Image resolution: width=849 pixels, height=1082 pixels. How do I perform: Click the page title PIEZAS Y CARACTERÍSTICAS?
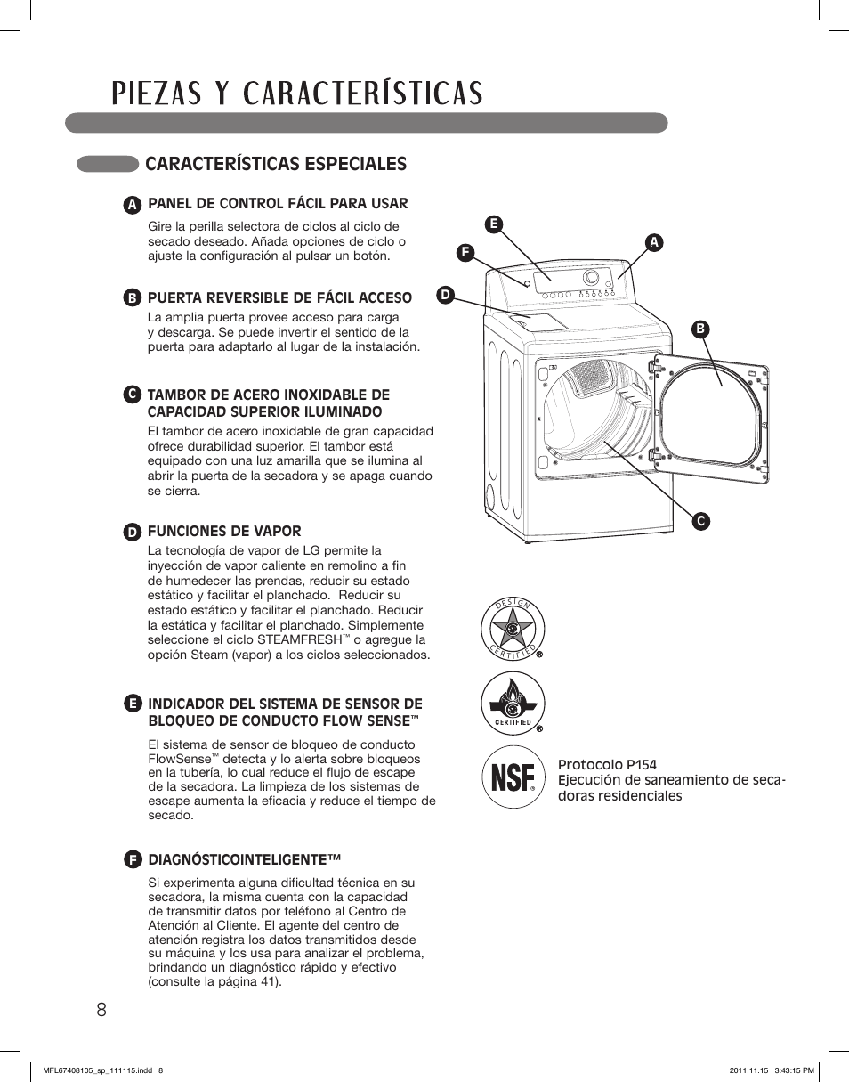click(x=297, y=94)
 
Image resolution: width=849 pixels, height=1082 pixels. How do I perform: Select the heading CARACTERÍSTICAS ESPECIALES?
click(x=275, y=164)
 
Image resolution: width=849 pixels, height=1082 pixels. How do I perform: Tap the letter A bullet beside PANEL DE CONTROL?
click(x=132, y=205)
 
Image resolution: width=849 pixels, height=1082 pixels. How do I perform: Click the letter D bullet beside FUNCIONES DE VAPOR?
click(x=132, y=532)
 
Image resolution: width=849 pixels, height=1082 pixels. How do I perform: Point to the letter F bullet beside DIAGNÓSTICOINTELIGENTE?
click(x=132, y=860)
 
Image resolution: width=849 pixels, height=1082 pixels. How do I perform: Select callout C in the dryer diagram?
click(x=700, y=521)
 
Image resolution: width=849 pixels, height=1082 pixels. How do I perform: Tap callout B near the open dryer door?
click(x=700, y=329)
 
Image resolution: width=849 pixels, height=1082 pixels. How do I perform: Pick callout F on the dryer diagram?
click(x=463, y=252)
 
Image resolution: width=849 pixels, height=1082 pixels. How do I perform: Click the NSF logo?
click(x=513, y=777)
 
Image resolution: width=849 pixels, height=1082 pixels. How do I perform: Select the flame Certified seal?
click(x=513, y=703)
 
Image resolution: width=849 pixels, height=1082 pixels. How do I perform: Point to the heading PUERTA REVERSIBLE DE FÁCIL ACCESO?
click(x=279, y=297)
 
